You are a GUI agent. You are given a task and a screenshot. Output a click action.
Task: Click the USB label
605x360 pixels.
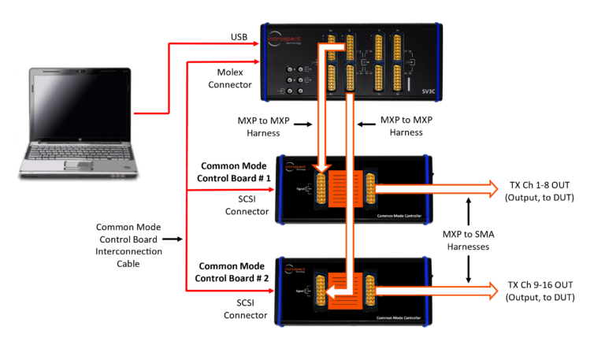(239, 36)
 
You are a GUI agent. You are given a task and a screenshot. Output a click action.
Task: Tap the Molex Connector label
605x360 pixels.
(230, 78)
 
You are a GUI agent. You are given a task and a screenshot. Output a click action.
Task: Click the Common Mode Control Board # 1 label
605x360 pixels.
(234, 172)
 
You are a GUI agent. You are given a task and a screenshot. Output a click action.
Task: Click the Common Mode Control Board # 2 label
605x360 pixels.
(234, 272)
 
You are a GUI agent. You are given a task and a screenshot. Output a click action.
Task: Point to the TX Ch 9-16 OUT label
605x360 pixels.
(541, 291)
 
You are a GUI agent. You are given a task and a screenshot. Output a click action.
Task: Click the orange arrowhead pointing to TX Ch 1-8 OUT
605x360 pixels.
(492, 188)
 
